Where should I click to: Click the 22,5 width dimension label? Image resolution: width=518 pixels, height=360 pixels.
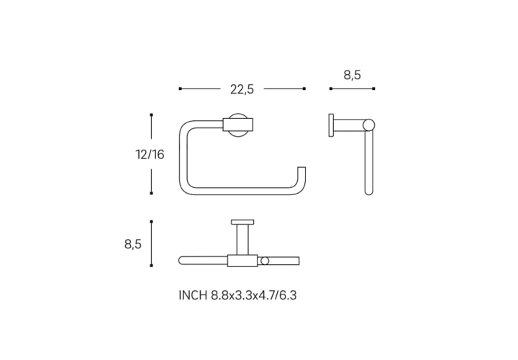coord(242,89)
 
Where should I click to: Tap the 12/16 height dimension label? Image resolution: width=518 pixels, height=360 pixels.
coord(150,154)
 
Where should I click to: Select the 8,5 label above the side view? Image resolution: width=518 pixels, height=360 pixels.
coord(352,75)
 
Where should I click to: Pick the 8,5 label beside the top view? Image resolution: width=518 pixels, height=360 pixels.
coord(133,244)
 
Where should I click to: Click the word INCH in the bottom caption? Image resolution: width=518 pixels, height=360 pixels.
coord(193,295)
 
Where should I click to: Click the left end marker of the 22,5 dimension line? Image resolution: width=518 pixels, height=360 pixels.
coord(180,89)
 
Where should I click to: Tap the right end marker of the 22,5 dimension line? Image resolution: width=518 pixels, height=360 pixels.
coord(304,89)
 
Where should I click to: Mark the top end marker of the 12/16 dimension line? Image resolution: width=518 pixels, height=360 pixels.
coord(151,114)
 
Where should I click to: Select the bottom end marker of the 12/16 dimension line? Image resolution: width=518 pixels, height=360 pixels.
coord(151,193)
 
